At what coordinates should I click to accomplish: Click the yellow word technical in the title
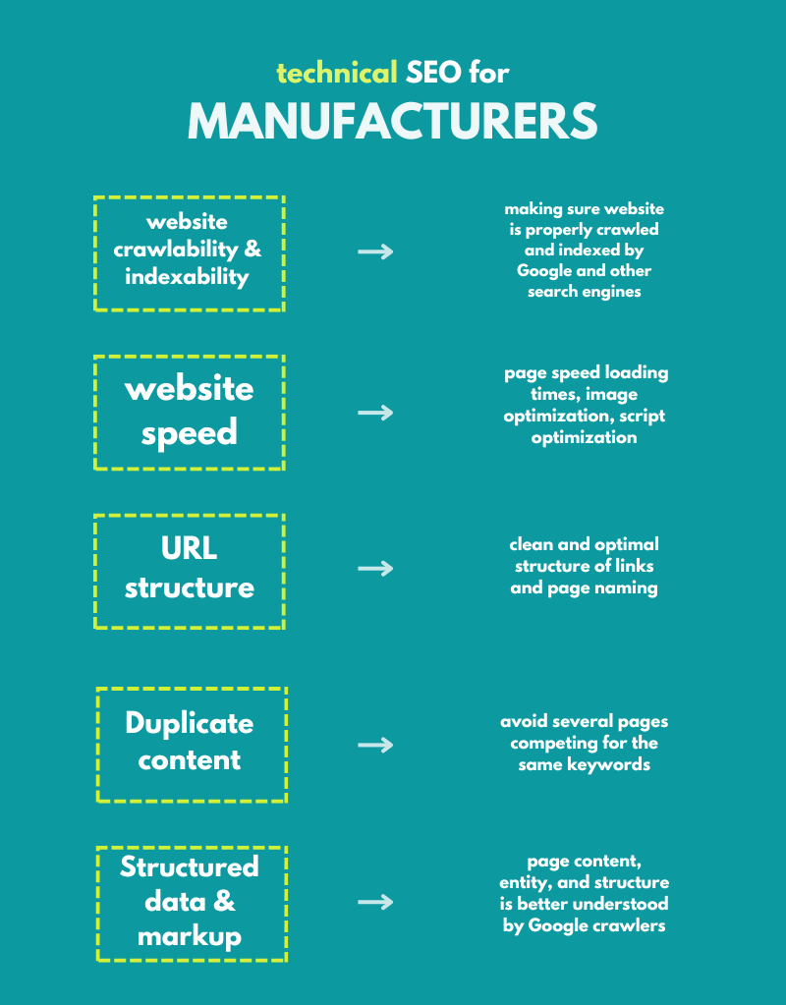pos(337,72)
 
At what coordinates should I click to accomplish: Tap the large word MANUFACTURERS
pos(393,121)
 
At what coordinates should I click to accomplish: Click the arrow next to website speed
pos(374,413)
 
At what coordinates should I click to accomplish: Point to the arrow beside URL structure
pos(374,568)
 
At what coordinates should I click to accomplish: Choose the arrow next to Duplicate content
pos(374,745)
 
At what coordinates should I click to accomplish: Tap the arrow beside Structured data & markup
pos(374,902)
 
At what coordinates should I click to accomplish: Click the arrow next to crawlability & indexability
pos(374,251)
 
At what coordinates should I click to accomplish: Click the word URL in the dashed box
pos(189,548)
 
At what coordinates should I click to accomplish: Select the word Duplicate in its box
pos(189,724)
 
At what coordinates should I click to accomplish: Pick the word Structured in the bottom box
pos(189,866)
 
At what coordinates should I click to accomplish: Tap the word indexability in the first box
pos(187,276)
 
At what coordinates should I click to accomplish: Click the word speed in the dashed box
pos(189,432)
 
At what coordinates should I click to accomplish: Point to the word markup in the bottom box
pos(189,936)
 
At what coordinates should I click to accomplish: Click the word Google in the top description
pos(544,270)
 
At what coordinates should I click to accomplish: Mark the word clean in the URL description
pos(533,543)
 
